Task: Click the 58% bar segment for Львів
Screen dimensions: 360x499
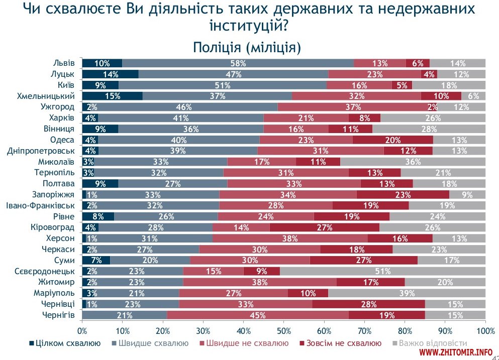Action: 238,63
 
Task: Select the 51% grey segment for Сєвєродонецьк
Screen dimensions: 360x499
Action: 383,271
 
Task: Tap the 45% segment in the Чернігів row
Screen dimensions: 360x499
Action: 257,315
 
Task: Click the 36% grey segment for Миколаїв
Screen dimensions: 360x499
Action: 413,162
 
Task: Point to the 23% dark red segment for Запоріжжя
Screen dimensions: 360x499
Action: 403,194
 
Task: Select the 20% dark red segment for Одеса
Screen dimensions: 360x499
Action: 392,140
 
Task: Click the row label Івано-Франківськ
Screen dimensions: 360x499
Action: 40,205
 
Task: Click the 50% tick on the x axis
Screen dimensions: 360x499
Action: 283,331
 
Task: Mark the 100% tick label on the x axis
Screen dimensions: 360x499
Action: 485,331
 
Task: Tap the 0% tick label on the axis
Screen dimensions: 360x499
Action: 82,331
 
